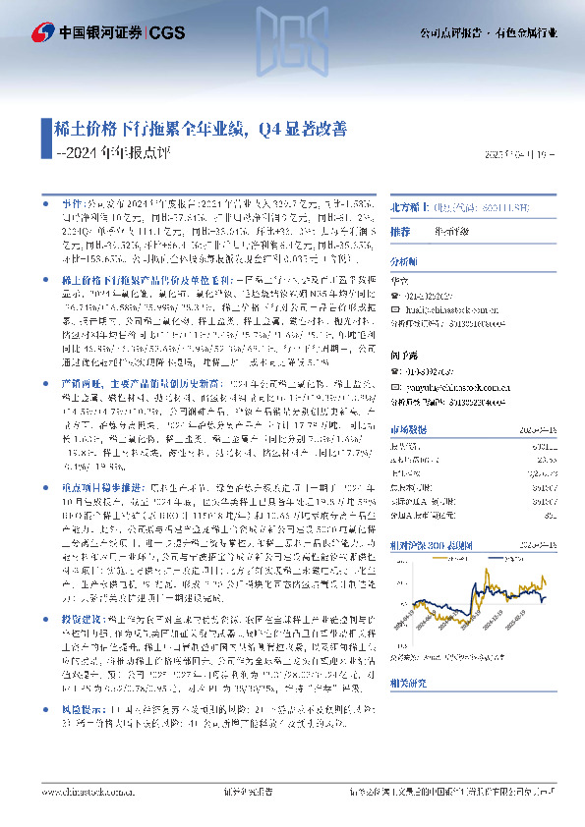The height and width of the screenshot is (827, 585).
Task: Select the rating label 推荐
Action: coord(400,232)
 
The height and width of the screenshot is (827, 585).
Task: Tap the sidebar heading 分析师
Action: coord(404,262)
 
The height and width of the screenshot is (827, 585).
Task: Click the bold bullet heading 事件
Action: coord(73,200)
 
